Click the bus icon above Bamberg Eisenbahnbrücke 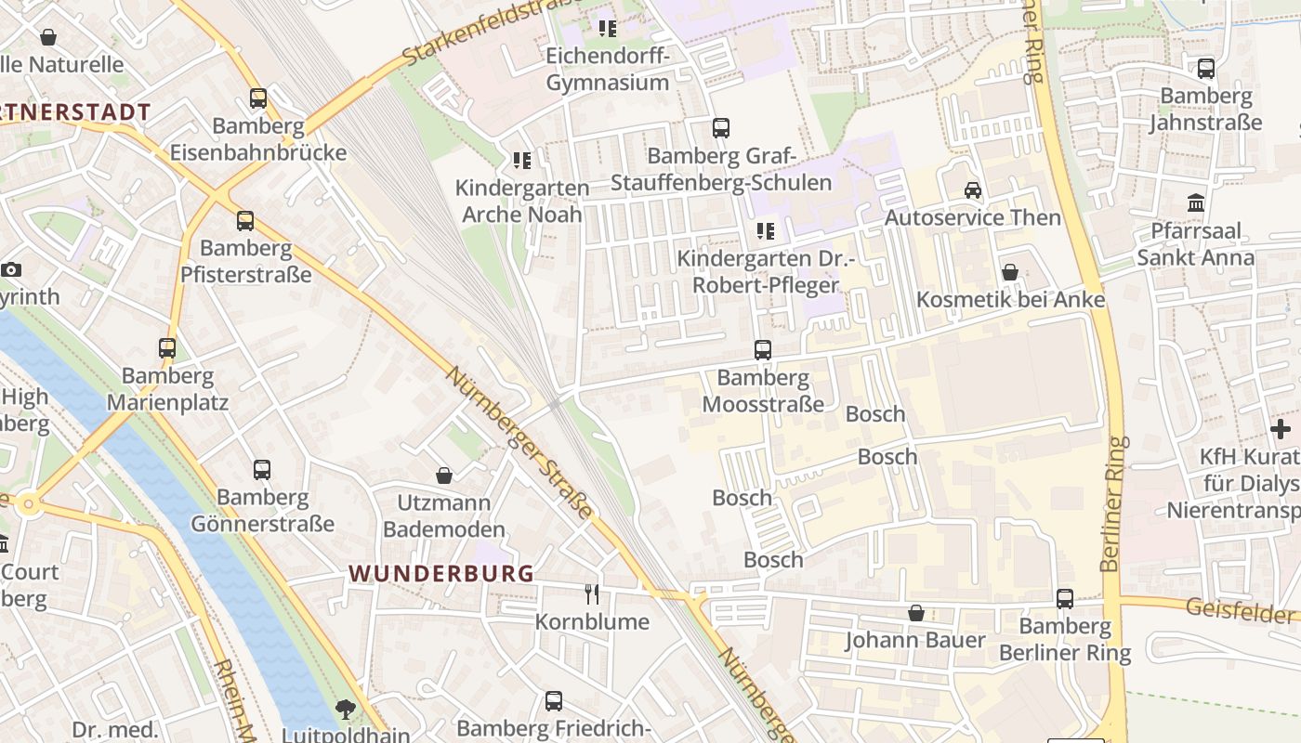pos(258,98)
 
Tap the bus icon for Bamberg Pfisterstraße pos(245,221)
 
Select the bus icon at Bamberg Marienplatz pos(167,348)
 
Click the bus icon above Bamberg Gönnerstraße pos(262,470)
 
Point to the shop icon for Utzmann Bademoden pos(444,476)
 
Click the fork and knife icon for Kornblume pos(591,593)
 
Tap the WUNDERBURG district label pos(442,573)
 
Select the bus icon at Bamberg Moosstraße pos(763,350)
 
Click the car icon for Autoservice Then pos(973,190)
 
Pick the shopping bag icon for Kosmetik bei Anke pos(1010,272)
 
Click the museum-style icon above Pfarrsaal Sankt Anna pos(1196,202)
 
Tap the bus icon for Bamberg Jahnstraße pos(1206,69)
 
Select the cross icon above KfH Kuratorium pos(1281,429)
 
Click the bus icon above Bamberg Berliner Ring pos(1065,599)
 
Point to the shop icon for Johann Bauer pos(916,613)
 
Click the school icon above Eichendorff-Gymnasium pos(608,29)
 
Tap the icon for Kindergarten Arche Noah pos(522,161)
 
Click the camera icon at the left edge pos(11,270)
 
